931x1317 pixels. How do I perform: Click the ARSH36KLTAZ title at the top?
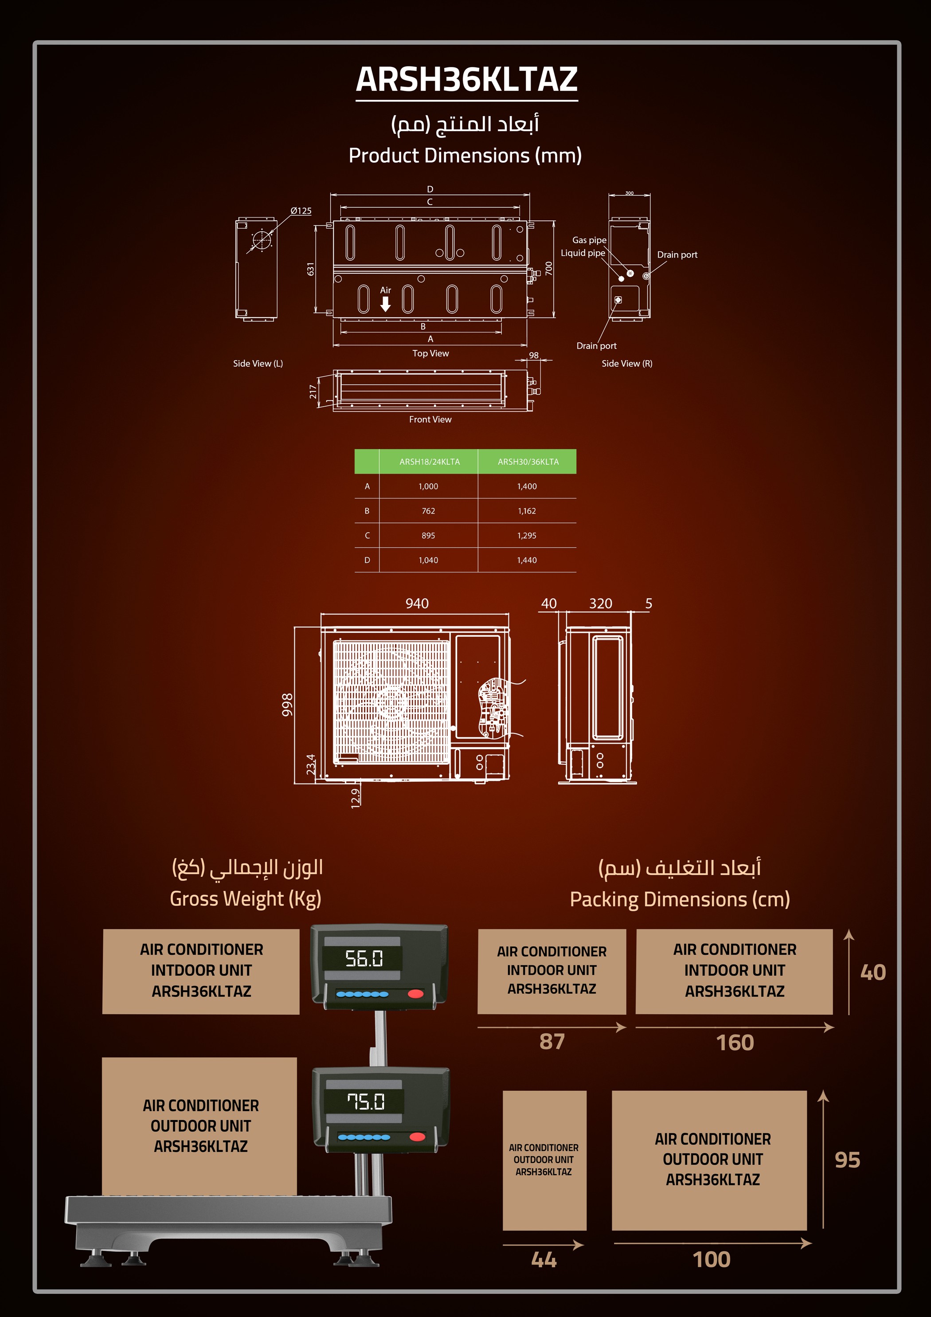coord(466,79)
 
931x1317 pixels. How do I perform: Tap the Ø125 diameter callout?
coord(301,211)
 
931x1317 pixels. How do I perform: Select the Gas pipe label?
coord(589,240)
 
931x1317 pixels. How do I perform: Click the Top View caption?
coord(430,353)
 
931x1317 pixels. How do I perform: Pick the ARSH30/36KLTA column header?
coord(528,462)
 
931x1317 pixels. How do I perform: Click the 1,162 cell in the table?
coord(527,511)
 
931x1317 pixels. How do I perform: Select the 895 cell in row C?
coord(428,536)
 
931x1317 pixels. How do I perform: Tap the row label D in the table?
coord(367,561)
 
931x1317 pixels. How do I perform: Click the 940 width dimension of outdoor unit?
coord(417,604)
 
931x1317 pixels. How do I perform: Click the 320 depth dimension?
coord(601,604)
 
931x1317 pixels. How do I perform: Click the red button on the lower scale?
coord(418,1137)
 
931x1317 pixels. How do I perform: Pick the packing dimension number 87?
coord(552,1042)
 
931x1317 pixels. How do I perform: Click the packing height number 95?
coord(847,1160)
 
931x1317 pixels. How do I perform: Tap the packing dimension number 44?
coord(544,1260)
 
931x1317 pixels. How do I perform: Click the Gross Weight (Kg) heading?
coord(246,899)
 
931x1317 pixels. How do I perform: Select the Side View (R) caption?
coord(627,364)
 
